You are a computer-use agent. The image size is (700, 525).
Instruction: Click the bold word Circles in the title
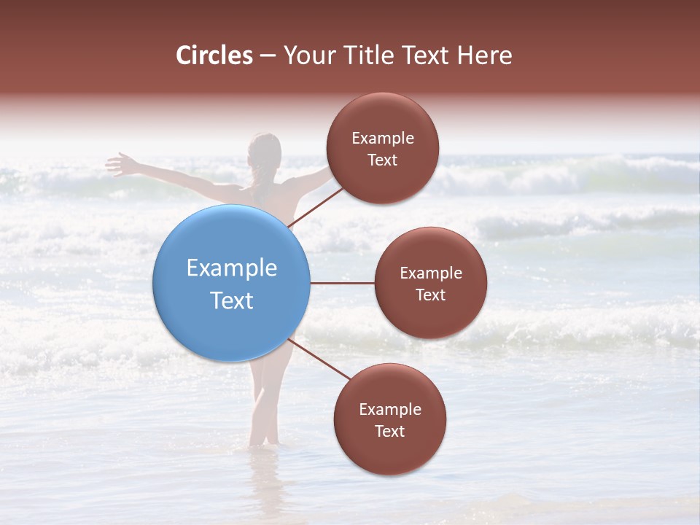(214, 55)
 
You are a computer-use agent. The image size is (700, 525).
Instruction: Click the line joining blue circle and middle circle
(343, 283)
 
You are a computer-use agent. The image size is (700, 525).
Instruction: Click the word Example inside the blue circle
(232, 268)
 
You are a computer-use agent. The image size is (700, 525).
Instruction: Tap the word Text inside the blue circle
(232, 300)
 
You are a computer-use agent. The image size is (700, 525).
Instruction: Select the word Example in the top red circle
(383, 139)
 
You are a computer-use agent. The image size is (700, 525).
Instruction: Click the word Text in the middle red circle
(430, 295)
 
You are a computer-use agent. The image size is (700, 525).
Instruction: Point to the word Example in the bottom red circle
(390, 410)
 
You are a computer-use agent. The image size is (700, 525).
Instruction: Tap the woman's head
(263, 152)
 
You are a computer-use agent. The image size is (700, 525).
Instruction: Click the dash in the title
(268, 56)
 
